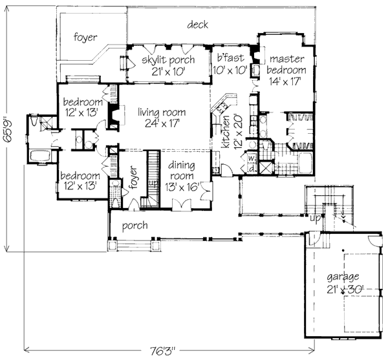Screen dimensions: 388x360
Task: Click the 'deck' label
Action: coord(197,25)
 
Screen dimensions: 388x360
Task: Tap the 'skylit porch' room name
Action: coord(168,60)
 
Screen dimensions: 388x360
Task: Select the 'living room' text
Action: coord(162,112)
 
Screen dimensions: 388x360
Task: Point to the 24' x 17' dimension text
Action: coord(162,123)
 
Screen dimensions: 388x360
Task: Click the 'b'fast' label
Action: coord(230,58)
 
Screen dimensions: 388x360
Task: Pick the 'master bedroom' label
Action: coord(286,64)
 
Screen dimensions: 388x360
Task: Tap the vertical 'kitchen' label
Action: coord(226,132)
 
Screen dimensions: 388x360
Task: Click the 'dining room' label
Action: coord(181,171)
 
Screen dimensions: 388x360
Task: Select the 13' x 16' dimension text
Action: coord(182,187)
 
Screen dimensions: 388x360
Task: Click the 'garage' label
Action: coord(343,277)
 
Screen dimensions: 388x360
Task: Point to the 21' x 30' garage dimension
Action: coord(345,289)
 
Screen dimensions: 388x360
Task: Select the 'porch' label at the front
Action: coord(135,226)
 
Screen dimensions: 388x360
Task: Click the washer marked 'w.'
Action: coord(252,158)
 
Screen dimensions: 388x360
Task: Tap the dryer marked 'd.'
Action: coord(252,169)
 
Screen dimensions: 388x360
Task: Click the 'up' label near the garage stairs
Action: coord(315,218)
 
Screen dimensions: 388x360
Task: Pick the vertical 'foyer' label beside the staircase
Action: coord(133,178)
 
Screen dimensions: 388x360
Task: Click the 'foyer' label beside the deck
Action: coord(85,37)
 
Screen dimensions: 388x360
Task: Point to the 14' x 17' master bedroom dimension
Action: coord(285,81)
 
